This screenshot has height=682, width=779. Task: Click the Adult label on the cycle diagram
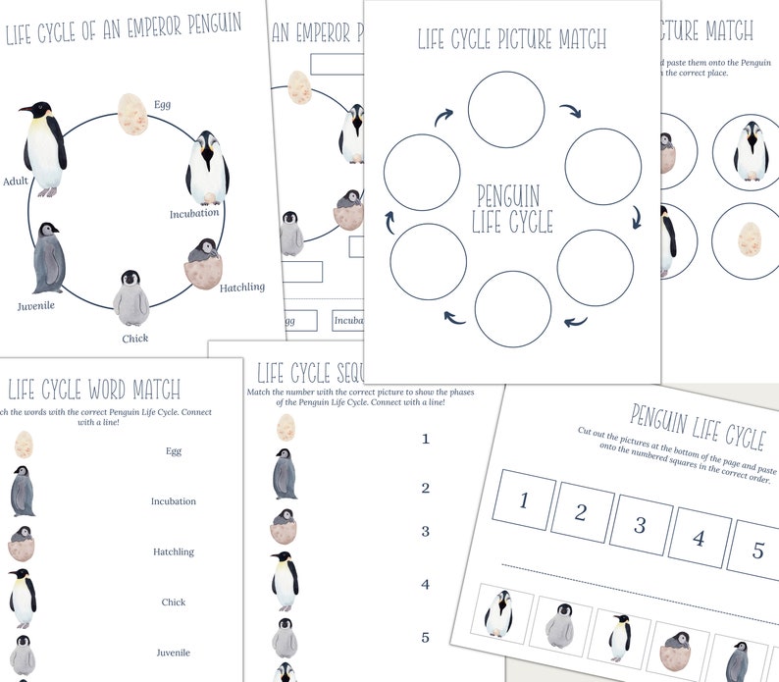16,181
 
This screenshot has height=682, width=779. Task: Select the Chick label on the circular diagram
134,339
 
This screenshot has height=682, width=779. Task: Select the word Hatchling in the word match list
173,551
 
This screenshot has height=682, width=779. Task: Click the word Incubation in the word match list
173,501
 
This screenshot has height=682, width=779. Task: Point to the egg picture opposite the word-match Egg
23,446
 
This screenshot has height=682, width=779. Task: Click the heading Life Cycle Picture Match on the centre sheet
512,39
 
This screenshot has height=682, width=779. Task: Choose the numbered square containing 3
640,523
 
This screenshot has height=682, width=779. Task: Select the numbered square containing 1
523,501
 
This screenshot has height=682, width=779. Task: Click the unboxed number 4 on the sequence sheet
425,585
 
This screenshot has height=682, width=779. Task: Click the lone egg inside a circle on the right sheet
749,239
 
